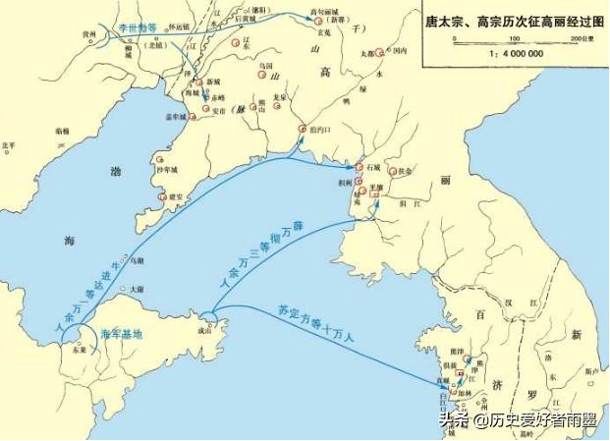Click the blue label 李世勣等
pos(137,29)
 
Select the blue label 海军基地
pos(122,335)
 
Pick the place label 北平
pos(10,145)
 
